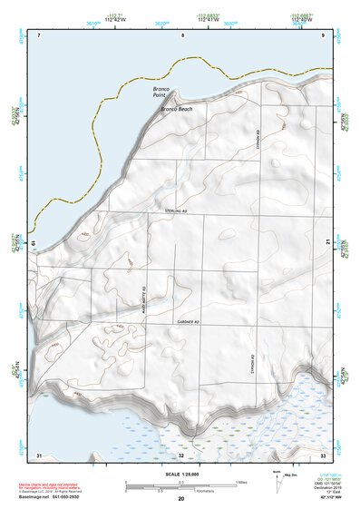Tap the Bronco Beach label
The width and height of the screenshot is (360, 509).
pyautogui.click(x=176, y=109)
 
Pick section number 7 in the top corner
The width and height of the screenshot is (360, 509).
pyautogui.click(x=40, y=34)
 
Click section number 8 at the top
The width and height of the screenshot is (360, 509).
pyautogui.click(x=182, y=34)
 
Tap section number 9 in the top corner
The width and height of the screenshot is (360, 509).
pyautogui.click(x=322, y=34)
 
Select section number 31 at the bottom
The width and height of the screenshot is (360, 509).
pyautogui.click(x=38, y=454)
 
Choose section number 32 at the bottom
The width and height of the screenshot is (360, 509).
pyautogui.click(x=181, y=454)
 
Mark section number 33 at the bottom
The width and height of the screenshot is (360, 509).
pyautogui.click(x=322, y=454)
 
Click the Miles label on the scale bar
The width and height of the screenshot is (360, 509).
pyautogui.click(x=240, y=481)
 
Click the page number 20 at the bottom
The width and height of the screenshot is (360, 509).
pyautogui.click(x=180, y=499)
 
